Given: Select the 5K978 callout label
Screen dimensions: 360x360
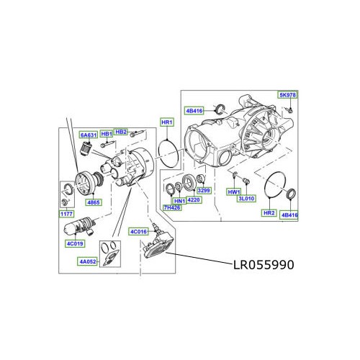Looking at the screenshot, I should tap(287, 95).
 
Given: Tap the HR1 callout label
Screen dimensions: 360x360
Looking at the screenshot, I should tap(166, 122).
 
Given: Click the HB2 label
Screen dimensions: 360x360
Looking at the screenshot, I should tap(121, 132).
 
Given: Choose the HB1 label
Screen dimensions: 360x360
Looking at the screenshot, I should tap(106, 134).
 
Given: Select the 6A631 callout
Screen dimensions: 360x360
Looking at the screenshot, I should tap(89, 135).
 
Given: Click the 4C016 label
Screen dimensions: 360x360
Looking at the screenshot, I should tap(138, 232).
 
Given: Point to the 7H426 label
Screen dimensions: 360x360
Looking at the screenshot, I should tap(171, 208).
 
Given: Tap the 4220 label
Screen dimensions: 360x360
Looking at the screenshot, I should tap(194, 200).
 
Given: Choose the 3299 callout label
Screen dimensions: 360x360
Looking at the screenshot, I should tap(204, 191).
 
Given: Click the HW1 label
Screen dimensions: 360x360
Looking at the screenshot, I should tap(233, 192).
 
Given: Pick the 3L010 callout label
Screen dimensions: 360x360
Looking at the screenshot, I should tap(247, 198).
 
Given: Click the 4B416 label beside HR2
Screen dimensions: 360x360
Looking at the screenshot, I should tap(289, 214).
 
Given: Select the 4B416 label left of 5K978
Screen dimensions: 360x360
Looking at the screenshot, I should tap(194, 110).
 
